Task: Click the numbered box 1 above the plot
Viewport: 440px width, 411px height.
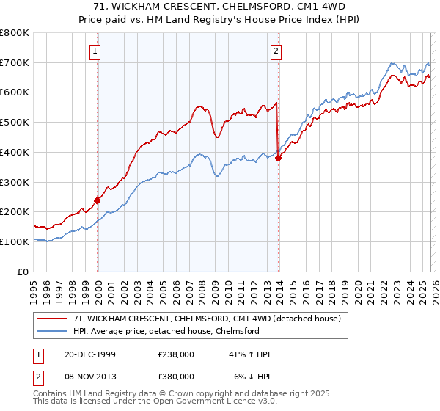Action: click(x=97, y=51)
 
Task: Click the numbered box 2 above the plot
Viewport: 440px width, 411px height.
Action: click(x=276, y=51)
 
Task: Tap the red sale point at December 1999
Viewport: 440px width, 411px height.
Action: click(x=98, y=200)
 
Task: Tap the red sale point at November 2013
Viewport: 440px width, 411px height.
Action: click(x=279, y=158)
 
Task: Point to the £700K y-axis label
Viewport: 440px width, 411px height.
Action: click(x=15, y=63)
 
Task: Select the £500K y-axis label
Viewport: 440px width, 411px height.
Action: click(x=15, y=123)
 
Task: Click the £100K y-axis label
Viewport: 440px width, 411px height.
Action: click(x=15, y=241)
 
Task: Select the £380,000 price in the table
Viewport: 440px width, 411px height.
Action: click(x=176, y=376)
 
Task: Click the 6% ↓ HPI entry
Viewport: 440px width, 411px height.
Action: click(x=252, y=376)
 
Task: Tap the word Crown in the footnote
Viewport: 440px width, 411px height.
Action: click(x=189, y=395)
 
